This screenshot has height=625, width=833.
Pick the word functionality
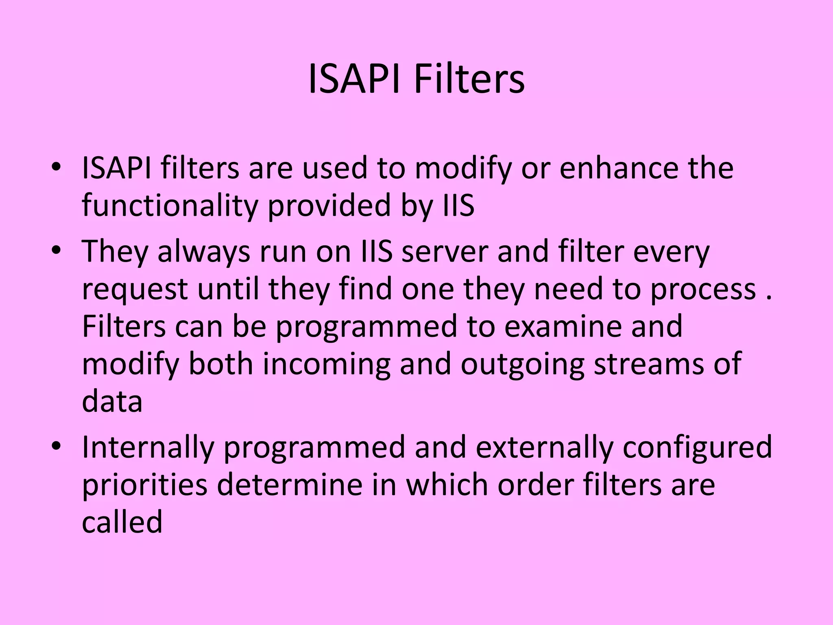tap(170, 206)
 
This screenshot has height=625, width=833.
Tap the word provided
tap(329, 206)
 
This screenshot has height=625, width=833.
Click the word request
tap(135, 290)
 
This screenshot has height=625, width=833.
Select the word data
tap(112, 401)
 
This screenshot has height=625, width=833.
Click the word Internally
tap(148, 447)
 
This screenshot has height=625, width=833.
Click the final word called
tap(122, 522)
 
